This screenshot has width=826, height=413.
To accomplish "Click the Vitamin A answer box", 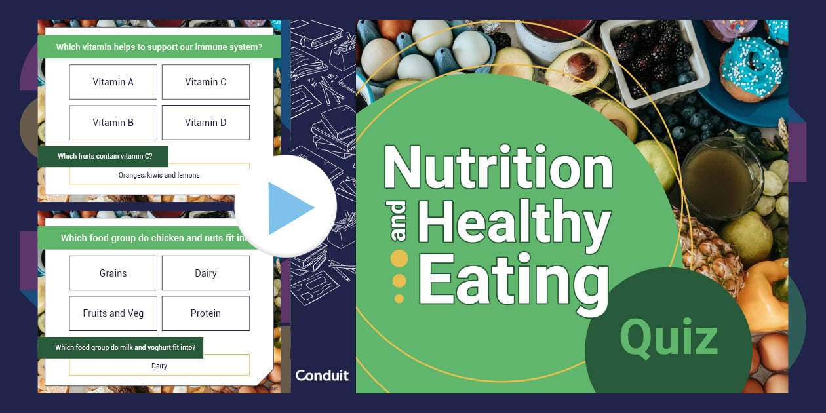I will [113, 82].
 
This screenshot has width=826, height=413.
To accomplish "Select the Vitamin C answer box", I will [205, 82].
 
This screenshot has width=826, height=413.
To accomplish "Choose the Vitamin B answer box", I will [113, 123].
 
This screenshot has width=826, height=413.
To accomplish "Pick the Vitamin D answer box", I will [205, 123].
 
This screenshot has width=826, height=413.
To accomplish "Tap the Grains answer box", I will [113, 273].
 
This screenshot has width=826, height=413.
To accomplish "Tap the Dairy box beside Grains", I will [205, 273].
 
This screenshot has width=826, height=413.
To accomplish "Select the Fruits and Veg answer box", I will [113, 313].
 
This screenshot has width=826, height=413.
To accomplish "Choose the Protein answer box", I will [205, 313].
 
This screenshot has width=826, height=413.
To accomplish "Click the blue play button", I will [286, 207].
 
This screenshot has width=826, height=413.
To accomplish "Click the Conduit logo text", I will [322, 376].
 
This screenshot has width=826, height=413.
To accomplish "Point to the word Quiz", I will [668, 339].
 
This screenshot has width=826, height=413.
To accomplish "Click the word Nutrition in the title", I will [498, 168].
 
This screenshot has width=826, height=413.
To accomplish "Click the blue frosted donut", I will [751, 68].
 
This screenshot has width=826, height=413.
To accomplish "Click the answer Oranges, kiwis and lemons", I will [159, 175].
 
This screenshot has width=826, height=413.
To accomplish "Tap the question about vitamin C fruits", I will [104, 156].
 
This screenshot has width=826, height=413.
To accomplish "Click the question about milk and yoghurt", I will [120, 347].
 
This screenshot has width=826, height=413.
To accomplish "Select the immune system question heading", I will [159, 47].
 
